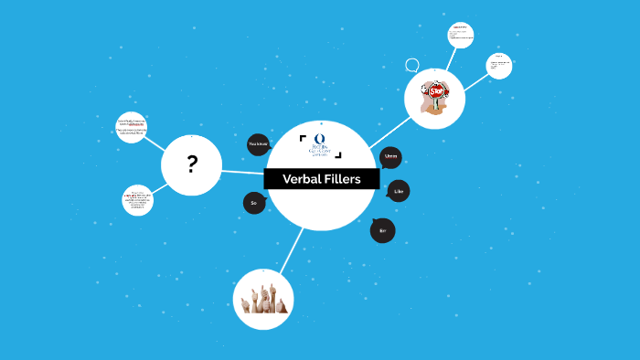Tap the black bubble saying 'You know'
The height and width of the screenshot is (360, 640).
click(x=259, y=144)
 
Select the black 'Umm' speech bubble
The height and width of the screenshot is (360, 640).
click(x=390, y=157)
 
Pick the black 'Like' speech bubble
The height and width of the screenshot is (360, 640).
click(x=398, y=191)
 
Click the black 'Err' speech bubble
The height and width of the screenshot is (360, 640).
click(x=382, y=230)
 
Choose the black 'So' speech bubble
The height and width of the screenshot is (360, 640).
click(x=254, y=203)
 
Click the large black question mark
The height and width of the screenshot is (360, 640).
click(x=192, y=165)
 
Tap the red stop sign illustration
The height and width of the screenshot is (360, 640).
click(x=436, y=92)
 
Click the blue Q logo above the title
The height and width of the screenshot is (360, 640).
click(x=320, y=140)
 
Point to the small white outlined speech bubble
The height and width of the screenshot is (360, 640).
click(x=412, y=65)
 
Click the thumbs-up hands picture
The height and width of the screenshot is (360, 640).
click(x=262, y=300)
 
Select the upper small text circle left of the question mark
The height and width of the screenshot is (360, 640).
click(x=132, y=128)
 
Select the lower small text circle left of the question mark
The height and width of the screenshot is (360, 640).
click(x=137, y=200)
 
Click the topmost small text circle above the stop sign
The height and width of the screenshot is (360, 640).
click(x=461, y=36)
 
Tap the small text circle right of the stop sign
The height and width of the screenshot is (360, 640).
click(x=498, y=66)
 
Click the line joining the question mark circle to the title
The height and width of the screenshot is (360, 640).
click(x=242, y=172)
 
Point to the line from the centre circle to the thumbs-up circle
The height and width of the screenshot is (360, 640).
click(x=292, y=249)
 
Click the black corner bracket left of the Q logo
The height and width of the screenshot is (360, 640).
click(x=302, y=138)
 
